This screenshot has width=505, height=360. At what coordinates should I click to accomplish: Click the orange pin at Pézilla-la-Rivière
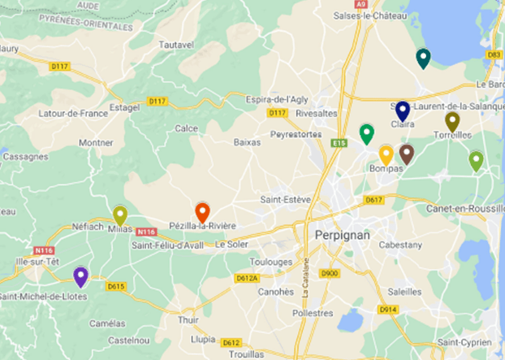point(202,212)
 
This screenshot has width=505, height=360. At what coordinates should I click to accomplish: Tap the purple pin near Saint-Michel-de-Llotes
point(80,276)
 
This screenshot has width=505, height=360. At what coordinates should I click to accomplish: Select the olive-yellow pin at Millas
point(120,215)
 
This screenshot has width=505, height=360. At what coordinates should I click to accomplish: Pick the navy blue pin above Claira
point(403,111)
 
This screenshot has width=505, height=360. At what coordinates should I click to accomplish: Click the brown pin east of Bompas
point(407,154)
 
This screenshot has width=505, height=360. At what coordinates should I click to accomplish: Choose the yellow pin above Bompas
point(386,154)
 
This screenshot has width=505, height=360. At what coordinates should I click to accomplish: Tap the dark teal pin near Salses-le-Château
point(423,58)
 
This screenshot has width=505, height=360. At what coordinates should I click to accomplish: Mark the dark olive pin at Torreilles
point(452,121)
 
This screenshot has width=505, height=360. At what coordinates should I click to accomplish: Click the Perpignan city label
point(342,236)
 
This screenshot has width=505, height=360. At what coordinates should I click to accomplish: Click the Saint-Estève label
point(281,199)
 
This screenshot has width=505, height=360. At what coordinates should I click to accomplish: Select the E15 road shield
point(339,143)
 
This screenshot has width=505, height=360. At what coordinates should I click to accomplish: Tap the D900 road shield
point(330,274)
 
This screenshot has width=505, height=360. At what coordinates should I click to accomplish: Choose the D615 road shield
point(116,285)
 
